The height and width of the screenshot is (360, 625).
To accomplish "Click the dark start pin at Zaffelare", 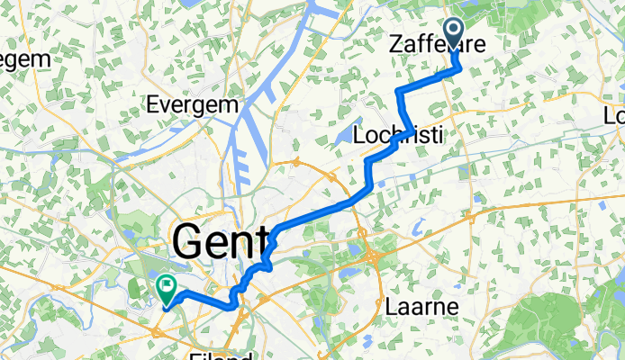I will coord(454,35).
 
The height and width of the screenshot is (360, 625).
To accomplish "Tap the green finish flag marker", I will coord(167,288).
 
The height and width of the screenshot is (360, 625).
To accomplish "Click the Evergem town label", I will coord(195,103).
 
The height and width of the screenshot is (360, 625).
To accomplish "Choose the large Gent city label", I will coord(220,240).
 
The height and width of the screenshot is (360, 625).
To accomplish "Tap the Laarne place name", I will coord(422,307).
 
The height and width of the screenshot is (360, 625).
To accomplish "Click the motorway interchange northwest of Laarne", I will coord(373,257).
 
